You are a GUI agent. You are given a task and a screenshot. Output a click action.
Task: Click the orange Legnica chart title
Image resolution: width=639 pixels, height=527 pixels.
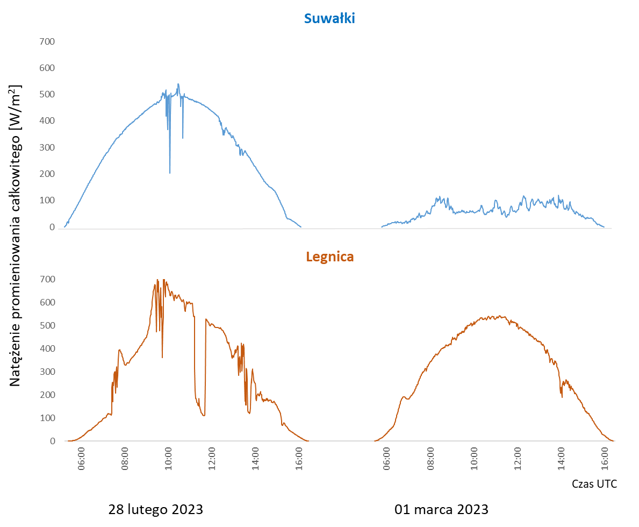[x=329, y=257]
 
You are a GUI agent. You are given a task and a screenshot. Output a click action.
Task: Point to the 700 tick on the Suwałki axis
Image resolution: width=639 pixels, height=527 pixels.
[x=48, y=41]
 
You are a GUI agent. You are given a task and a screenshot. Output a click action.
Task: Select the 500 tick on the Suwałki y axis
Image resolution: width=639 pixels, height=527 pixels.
[x=48, y=95]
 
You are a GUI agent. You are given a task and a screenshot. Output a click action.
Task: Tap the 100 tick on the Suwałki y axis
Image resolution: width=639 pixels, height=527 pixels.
[x=48, y=201]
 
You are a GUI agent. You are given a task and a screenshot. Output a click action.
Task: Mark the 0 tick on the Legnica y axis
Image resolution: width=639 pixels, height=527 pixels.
[x=52, y=441]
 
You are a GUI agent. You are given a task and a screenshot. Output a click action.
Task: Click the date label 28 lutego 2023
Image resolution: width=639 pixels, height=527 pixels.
[x=156, y=509]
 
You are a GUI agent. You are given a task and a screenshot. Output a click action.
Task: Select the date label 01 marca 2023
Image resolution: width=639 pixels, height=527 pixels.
[x=441, y=509]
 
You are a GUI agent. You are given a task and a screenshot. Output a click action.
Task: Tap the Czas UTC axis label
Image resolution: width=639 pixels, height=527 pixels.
[x=594, y=484]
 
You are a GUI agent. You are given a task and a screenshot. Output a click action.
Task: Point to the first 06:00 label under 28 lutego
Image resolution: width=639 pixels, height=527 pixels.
[x=81, y=459]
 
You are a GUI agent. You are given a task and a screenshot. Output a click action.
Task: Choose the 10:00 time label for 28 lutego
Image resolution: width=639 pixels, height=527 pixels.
[x=168, y=459]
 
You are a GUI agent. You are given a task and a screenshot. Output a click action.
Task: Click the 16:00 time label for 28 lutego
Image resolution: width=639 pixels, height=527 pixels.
[x=299, y=459]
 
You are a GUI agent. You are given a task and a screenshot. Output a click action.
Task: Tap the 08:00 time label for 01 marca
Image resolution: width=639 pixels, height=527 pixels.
[x=430, y=459]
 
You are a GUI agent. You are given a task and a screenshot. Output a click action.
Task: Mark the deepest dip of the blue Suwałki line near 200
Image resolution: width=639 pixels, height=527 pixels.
[x=170, y=173]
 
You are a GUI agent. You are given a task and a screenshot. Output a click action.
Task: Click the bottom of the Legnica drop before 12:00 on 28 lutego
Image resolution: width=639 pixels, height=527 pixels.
[x=204, y=416]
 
